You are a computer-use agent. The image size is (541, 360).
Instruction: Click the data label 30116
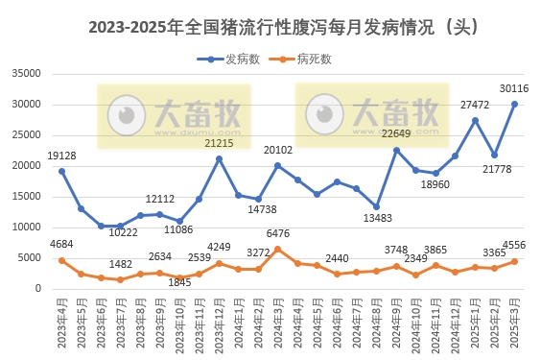(x=512, y=88)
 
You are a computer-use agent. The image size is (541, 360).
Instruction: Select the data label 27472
(x=475, y=105)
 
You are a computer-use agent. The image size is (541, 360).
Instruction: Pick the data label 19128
(x=61, y=156)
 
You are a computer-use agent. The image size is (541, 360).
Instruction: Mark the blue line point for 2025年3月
(x=514, y=104)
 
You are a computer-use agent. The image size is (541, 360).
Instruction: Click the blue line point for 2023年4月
(x=61, y=171)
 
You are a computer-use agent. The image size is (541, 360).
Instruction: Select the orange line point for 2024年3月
(x=278, y=249)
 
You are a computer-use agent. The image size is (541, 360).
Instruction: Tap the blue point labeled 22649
(x=396, y=150)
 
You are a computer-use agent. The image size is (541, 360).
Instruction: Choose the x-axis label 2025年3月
(x=515, y=322)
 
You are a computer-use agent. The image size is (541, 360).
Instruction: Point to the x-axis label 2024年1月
(x=240, y=322)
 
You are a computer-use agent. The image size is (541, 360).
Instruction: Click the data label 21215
(x=219, y=143)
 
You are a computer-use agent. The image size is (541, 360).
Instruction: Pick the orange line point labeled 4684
(x=61, y=260)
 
